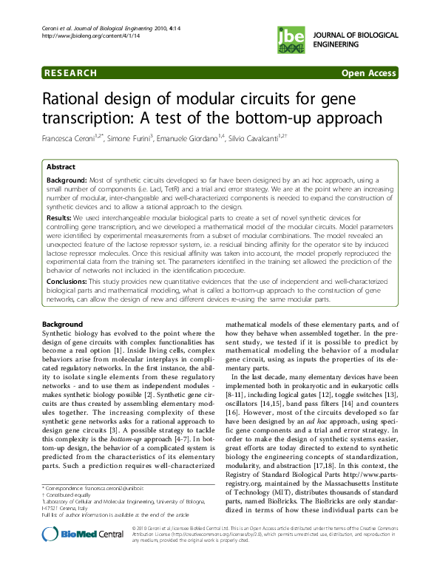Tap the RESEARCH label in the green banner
click(70, 73)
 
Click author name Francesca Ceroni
click(71, 139)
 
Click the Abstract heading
click(61, 167)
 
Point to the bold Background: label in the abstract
click(67, 180)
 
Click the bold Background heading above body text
click(64, 325)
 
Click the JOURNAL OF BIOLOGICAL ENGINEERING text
click(352, 39)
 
